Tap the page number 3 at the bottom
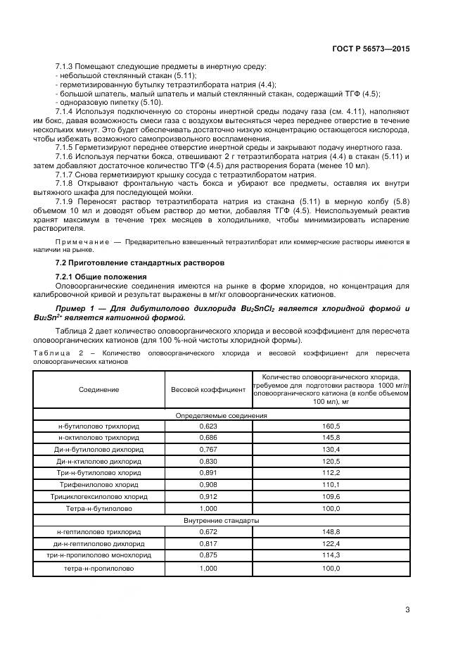point(407,609)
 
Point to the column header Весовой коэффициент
point(208,389)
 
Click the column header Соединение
point(98,389)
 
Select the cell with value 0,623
point(208,426)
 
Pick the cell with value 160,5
point(331,426)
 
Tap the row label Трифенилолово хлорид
point(98,485)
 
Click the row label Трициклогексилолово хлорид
point(98,497)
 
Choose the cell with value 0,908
point(208,485)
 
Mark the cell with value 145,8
point(331,438)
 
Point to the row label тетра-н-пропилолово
point(98,567)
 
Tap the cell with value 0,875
point(208,555)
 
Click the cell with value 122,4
point(331,544)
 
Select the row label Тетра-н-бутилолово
point(98,508)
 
